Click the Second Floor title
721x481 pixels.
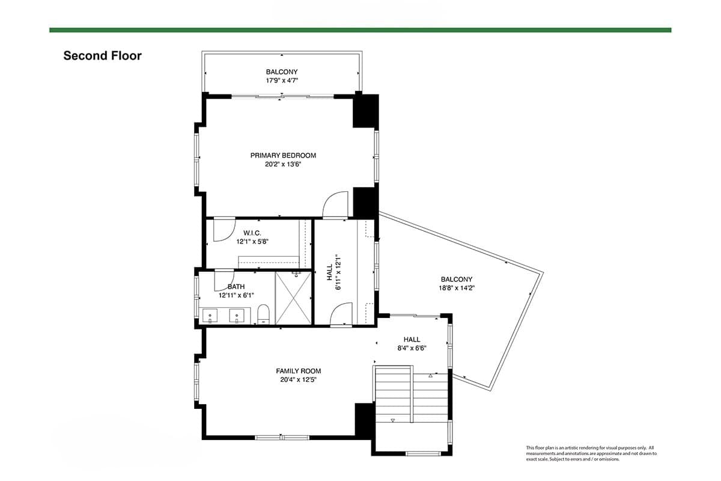click(103, 56)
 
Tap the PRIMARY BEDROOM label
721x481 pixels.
click(283, 156)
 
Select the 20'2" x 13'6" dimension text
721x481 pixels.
click(283, 164)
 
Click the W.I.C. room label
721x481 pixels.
click(252, 233)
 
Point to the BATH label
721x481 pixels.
click(236, 287)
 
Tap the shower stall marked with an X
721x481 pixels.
click(294, 298)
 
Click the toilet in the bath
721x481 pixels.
click(263, 314)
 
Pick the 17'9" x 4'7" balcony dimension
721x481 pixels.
click(282, 81)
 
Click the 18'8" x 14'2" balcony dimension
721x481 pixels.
click(457, 288)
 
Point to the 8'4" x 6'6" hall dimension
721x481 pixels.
click(412, 348)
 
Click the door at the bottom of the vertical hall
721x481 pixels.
click(341, 314)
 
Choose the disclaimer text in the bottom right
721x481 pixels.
click(589, 453)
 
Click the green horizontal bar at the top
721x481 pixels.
click(360, 29)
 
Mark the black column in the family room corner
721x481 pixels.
click(364, 419)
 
